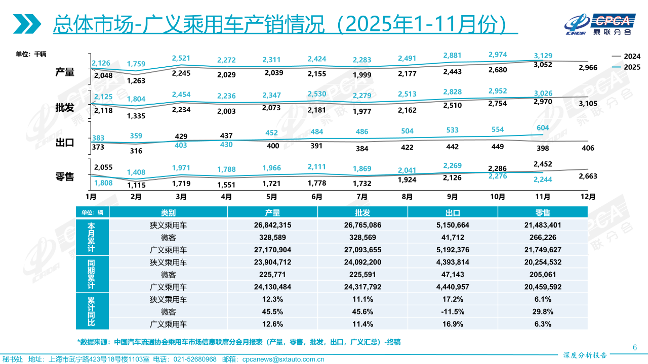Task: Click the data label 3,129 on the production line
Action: [542, 56]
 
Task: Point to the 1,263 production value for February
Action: [136, 80]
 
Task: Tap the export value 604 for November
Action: [542, 128]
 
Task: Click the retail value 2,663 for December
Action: [587, 176]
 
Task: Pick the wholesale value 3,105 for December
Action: [587, 104]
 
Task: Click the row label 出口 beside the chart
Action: [65, 143]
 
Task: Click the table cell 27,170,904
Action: [272, 250]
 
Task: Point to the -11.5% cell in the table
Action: [452, 311]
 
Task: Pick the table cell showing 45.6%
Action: [362, 311]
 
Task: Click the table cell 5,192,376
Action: [452, 250]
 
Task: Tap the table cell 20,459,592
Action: [543, 287]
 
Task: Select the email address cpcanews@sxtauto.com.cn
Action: [283, 359]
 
